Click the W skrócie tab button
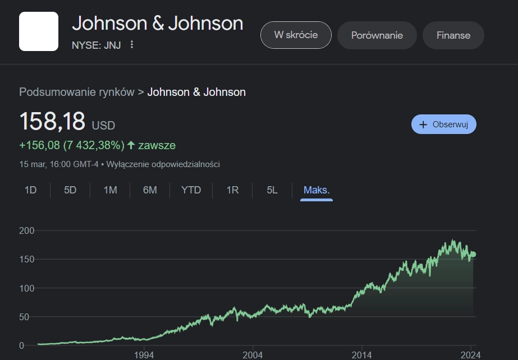click(296, 35)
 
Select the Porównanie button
click(377, 35)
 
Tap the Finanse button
click(453, 35)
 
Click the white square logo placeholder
click(39, 31)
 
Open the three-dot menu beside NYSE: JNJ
click(132, 44)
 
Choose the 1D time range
click(30, 190)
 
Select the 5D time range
click(70, 190)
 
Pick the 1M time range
click(111, 190)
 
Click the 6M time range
click(150, 190)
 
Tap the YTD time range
click(191, 190)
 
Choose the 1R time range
click(232, 190)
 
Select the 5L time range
click(272, 190)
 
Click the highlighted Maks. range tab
click(317, 190)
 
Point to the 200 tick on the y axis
click(27, 230)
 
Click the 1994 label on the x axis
click(144, 355)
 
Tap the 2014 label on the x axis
click(362, 355)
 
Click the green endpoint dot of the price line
click(473, 254)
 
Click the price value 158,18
click(52, 121)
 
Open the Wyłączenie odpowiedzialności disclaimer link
click(163, 164)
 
